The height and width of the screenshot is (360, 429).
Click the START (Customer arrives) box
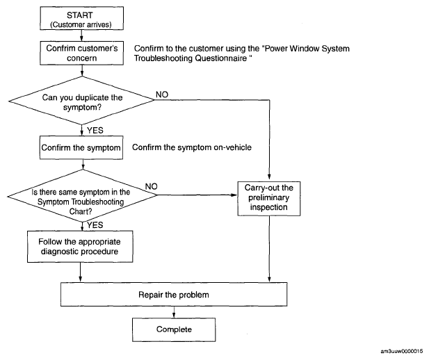pos(81,18)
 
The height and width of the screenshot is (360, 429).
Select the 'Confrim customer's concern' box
pos(81,53)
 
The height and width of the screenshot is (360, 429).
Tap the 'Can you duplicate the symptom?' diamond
pos(81,101)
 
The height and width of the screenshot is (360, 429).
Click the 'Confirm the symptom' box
pos(81,148)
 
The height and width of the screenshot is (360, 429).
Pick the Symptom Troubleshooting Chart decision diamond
pos(82,195)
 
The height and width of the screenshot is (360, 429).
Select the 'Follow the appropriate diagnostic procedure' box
pos(80,247)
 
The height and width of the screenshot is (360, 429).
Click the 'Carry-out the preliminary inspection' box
pos(268,199)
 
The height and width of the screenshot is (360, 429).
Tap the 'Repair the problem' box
pos(174,295)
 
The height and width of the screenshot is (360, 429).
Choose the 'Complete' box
pos(174,329)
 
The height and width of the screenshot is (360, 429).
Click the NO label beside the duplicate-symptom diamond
pos(162,95)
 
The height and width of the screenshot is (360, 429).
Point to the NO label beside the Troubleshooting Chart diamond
pos(152,186)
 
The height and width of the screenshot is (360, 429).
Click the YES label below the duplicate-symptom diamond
pos(95,130)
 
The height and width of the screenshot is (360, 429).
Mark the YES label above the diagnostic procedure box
pos(95,225)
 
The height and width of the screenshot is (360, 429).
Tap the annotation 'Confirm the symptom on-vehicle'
pos(192,147)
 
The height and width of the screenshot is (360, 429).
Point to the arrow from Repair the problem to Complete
pos(174,312)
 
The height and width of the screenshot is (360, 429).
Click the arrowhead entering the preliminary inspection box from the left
pos(234,195)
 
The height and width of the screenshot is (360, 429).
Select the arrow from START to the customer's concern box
pos(81,35)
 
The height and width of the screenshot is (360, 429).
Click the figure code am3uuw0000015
pos(401,351)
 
